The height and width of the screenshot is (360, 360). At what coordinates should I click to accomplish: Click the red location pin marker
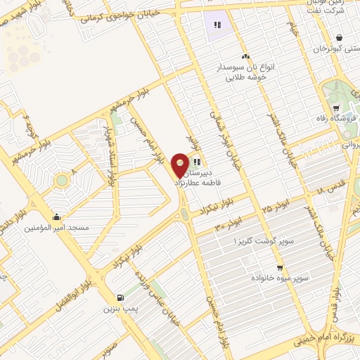(181, 165)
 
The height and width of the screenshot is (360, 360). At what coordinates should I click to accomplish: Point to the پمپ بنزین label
(119, 309)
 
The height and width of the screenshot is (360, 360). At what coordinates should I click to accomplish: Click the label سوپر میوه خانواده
(281, 278)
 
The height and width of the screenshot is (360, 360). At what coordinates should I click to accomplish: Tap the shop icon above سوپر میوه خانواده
(281, 267)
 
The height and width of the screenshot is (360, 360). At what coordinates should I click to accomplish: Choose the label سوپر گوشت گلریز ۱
(257, 241)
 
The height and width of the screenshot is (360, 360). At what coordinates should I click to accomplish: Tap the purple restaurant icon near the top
(218, 25)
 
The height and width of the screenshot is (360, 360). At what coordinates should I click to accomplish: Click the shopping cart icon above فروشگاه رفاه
(336, 108)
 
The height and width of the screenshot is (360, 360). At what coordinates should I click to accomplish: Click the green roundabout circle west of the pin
(62, 181)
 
